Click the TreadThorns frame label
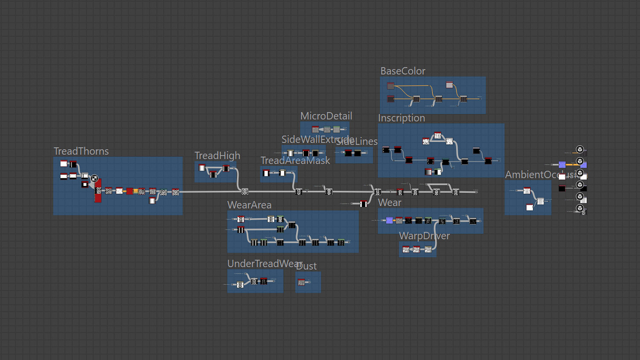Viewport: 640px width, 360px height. tap(81, 151)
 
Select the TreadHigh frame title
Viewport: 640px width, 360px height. tap(217, 156)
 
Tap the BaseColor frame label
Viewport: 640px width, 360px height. tap(403, 71)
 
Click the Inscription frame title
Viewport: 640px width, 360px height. tap(401, 118)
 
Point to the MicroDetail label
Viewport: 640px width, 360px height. tap(326, 116)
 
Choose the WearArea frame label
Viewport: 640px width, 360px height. tap(249, 205)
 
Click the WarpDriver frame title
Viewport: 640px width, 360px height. tap(424, 236)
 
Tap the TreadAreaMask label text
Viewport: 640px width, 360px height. tap(295, 161)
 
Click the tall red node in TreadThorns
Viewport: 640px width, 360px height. tap(98, 191)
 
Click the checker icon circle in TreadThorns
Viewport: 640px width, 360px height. tap(94, 178)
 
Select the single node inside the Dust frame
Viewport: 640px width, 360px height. tap(301, 282)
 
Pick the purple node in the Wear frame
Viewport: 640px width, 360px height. tap(389, 221)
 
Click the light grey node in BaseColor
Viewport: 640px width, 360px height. tap(449, 85)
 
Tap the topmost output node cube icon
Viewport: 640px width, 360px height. tap(579, 149)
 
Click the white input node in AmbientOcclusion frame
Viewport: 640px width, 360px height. tap(529, 207)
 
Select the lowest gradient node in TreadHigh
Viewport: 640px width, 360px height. tap(213, 174)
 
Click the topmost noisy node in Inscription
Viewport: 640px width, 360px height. tap(438, 136)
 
